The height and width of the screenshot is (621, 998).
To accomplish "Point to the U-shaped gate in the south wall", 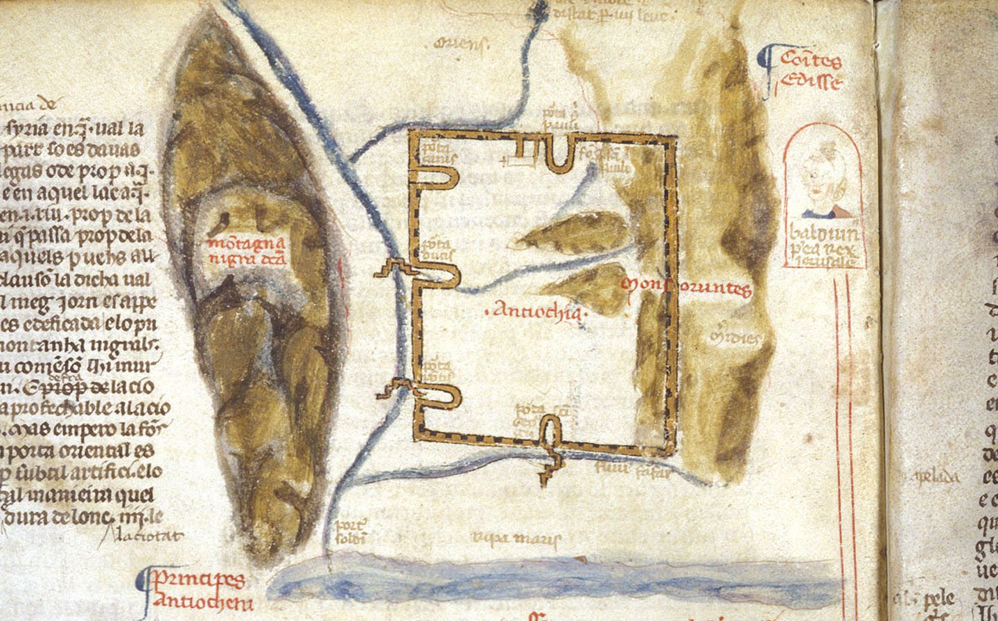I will click(550, 433).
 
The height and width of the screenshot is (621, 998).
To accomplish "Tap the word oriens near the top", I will click(459, 45).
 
